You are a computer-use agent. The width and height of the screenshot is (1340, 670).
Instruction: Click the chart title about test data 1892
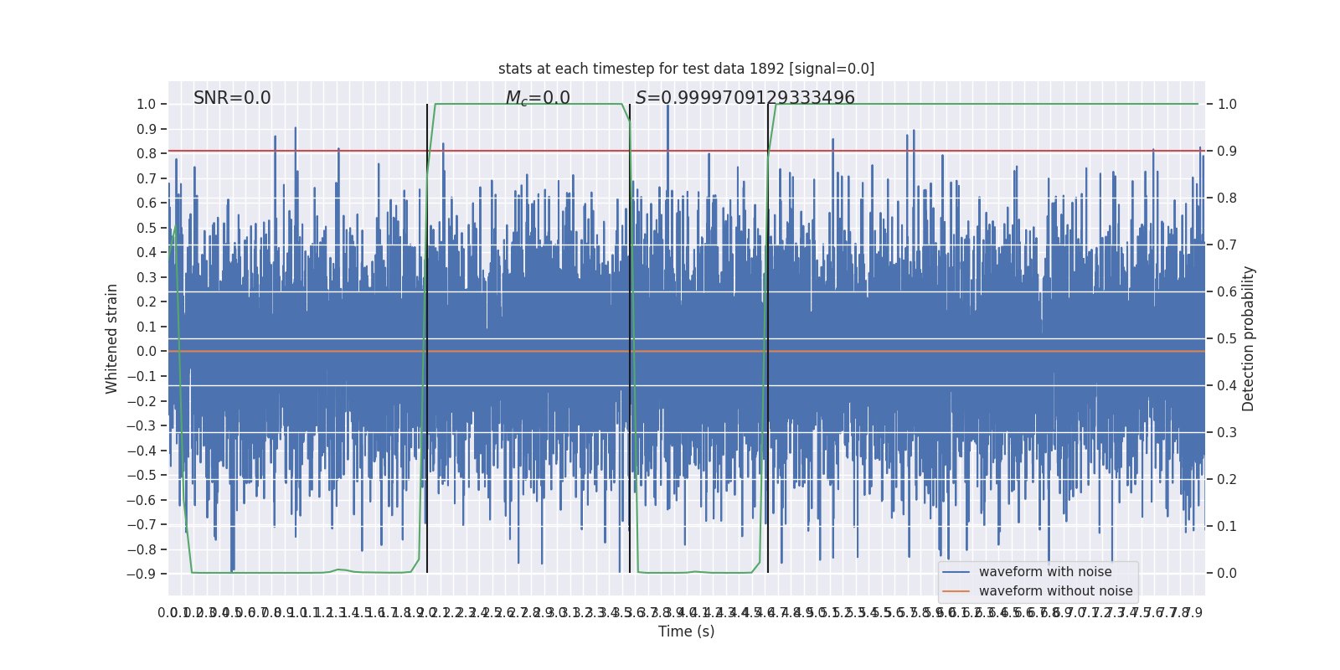pos(686,69)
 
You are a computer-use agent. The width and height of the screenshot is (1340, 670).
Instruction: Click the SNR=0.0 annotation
pos(232,98)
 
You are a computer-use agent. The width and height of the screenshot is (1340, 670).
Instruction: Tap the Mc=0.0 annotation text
pos(538,98)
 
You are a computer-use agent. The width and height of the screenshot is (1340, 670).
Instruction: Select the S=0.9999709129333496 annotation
pos(745,98)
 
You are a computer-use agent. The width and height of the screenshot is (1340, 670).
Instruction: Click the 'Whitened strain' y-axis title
pos(112,338)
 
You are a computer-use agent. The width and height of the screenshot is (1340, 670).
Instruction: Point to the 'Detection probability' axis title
pos(1249,338)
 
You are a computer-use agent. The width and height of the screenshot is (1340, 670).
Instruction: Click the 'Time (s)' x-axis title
pos(686,631)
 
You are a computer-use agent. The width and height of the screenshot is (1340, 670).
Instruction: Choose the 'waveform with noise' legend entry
pos(1044,572)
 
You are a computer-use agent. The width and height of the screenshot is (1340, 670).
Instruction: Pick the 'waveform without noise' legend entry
pos(1055,591)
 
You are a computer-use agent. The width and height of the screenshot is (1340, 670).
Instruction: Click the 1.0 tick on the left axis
pos(146,105)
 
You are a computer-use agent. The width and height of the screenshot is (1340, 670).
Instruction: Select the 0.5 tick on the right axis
pos(1227,339)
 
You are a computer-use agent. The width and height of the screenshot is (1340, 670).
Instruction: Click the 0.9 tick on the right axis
pos(1227,152)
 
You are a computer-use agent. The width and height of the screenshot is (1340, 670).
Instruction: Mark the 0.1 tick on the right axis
pos(1227,527)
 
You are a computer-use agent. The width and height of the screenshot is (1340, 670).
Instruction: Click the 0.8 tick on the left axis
pos(146,154)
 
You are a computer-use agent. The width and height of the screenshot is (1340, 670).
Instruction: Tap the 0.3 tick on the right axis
pos(1227,433)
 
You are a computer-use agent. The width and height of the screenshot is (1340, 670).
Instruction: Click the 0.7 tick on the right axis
pos(1227,245)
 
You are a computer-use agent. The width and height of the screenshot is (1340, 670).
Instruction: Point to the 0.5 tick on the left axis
pos(146,229)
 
